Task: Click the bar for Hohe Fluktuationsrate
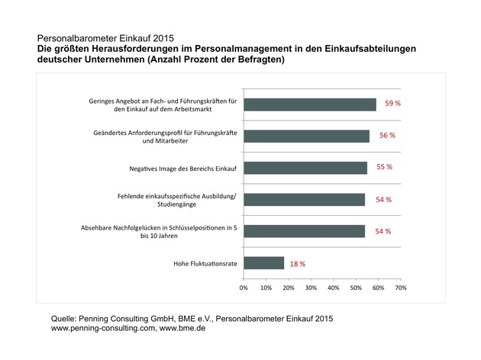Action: (264, 263)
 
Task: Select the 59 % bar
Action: (310, 104)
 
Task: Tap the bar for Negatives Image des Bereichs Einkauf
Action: (305, 168)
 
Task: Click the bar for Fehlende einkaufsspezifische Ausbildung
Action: (305, 200)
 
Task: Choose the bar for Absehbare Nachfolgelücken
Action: (305, 231)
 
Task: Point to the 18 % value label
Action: (297, 264)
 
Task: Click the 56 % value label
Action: (387, 136)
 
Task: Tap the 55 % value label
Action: (386, 168)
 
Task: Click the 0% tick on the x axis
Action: (244, 288)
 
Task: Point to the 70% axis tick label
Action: (400, 288)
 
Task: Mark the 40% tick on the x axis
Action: (333, 288)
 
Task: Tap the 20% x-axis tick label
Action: (289, 288)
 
